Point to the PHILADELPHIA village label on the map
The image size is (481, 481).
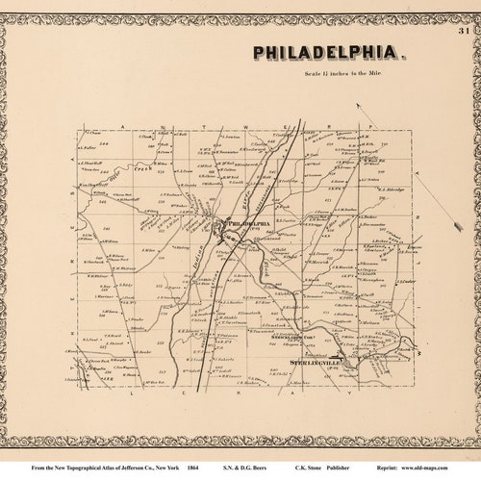(x=247, y=223)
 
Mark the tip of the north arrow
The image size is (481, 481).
(x=359, y=107)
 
